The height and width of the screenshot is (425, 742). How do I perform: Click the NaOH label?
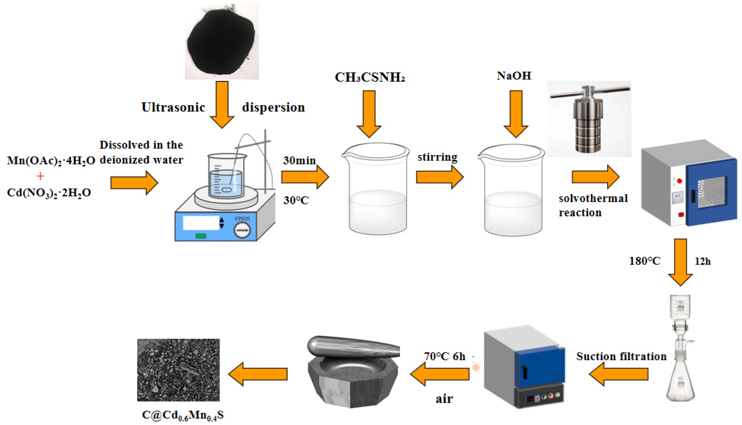[x=514, y=76]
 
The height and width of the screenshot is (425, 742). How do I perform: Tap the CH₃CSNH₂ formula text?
[x=370, y=77]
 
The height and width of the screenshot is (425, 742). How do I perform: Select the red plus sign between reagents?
[x=40, y=176]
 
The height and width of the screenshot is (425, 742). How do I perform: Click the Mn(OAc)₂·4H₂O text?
[x=51, y=161]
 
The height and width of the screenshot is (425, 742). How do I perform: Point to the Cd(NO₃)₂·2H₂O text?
[x=49, y=193]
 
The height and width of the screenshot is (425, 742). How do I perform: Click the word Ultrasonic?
[x=173, y=107]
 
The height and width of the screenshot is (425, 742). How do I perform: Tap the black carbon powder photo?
[x=221, y=42]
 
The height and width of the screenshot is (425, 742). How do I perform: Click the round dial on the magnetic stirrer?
[x=242, y=230]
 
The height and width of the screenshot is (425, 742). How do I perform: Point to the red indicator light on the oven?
[x=680, y=181]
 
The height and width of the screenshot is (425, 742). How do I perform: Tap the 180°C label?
[x=644, y=261]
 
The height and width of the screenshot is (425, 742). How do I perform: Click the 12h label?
[x=703, y=261]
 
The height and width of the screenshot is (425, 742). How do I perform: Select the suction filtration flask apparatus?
[x=680, y=350]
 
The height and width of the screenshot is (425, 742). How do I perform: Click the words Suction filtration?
[x=621, y=356]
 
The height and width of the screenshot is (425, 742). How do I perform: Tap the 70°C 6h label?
[x=445, y=356]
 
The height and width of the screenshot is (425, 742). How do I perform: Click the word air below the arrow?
[x=444, y=399]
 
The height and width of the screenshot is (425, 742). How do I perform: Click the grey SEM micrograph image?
[x=178, y=370]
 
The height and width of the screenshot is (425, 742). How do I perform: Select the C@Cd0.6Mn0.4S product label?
[x=183, y=415]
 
